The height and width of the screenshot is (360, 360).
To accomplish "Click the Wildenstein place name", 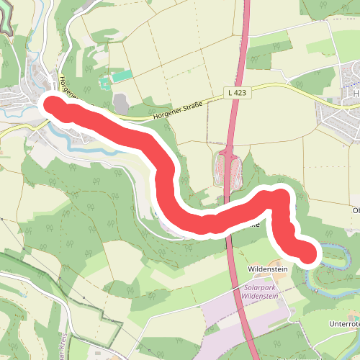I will click(267, 269).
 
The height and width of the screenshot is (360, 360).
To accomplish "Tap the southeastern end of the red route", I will click(307, 253).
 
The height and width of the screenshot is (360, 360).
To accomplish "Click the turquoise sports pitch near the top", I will click(122, 76).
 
